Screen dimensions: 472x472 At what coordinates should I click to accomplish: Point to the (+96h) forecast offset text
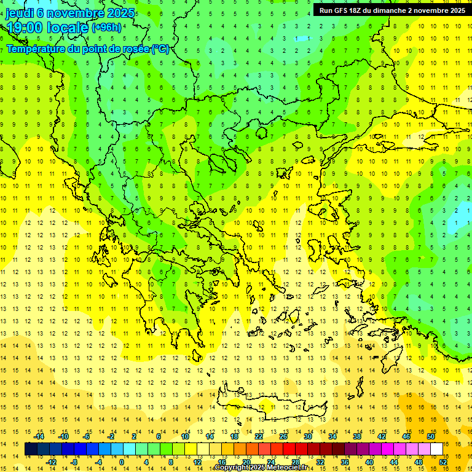point(106,28)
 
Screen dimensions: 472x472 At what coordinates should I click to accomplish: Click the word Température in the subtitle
point(37,49)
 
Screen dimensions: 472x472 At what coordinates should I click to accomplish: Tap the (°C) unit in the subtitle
point(160,49)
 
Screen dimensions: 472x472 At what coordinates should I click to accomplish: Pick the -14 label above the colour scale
point(39,436)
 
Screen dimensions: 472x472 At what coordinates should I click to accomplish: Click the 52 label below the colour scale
point(443,462)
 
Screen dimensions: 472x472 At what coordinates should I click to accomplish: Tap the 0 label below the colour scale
point(121,462)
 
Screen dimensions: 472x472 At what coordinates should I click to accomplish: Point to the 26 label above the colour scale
point(283,436)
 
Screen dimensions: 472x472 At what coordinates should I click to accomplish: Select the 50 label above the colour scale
point(430,436)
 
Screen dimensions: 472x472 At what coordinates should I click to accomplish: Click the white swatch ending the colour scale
point(437,449)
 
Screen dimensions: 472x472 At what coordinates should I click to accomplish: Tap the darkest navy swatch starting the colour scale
point(31,449)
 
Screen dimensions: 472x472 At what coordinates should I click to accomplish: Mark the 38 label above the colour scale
point(356,436)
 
